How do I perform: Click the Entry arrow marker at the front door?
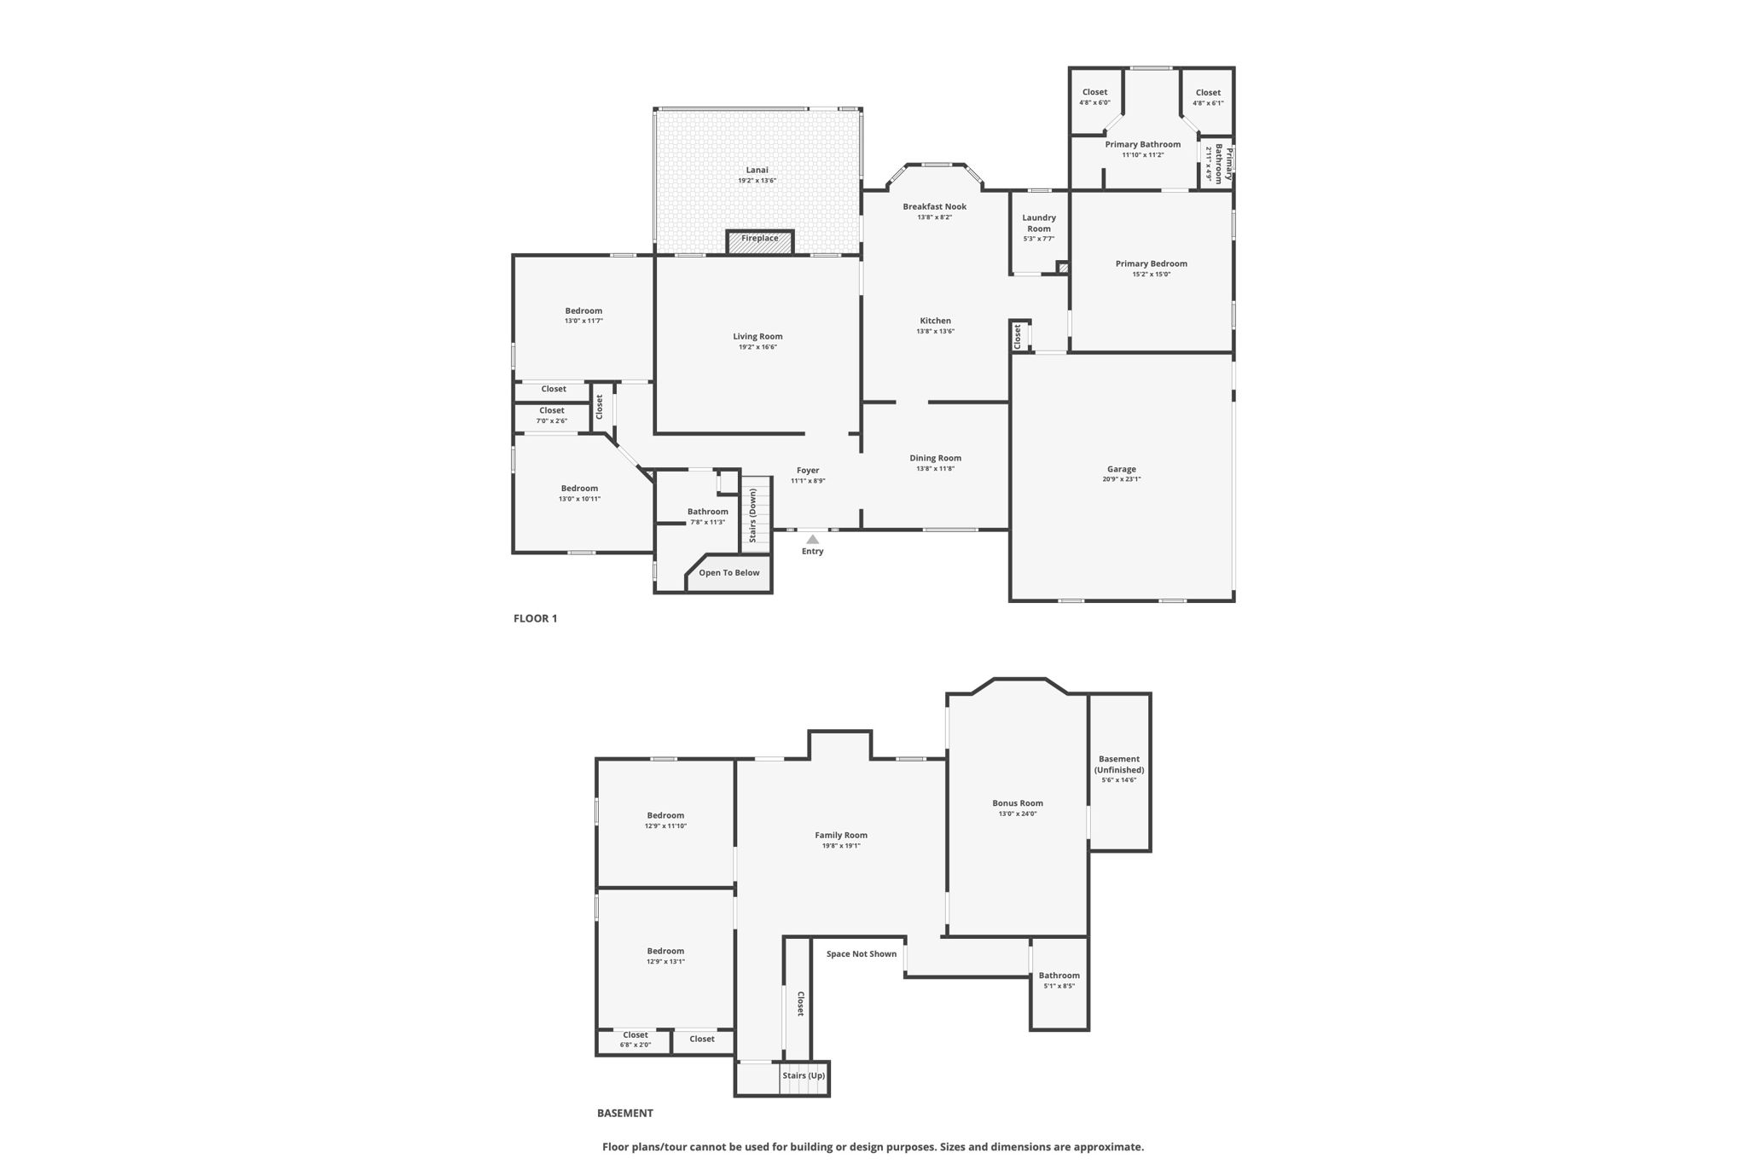coord(813,539)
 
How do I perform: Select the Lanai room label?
coord(757,170)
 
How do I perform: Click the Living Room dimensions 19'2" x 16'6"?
coord(757,347)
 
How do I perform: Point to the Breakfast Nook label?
coord(934,206)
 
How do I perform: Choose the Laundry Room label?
coord(1039,223)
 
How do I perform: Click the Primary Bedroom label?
coord(1151,263)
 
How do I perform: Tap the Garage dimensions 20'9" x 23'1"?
coord(1121,479)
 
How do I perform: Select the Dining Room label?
coord(935,458)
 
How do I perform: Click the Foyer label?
coord(808,470)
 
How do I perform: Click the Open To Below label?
coord(728,572)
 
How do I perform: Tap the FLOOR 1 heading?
coord(535,618)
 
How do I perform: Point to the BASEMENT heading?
coord(624,1113)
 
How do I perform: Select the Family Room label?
coord(840,835)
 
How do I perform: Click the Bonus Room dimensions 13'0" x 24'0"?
coord(1018,814)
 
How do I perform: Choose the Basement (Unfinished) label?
coord(1119,764)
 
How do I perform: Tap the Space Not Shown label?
coord(861,953)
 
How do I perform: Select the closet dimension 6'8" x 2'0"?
coord(635,1045)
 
